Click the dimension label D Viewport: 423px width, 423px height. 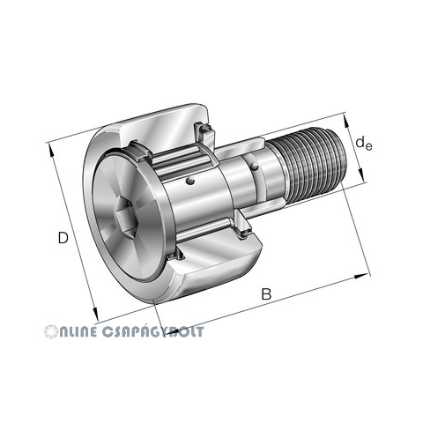point(63,238)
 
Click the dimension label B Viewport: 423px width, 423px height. point(266,294)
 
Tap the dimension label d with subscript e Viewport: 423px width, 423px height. point(363,143)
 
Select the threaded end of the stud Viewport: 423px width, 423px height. point(311,165)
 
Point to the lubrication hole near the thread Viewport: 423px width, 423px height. point(254,167)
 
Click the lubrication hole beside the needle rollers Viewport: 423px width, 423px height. point(190,182)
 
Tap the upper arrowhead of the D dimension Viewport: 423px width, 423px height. point(51,150)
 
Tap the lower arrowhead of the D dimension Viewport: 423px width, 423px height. point(95,315)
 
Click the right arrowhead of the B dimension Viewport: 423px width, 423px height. point(361,276)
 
